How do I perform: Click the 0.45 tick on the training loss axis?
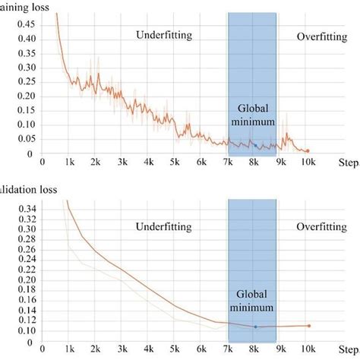click(x=27, y=23)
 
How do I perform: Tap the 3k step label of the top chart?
click(x=121, y=162)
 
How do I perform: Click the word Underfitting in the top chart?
click(x=164, y=34)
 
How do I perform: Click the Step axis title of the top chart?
click(x=349, y=162)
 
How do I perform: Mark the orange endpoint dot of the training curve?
click(x=308, y=151)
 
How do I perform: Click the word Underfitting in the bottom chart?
click(x=164, y=226)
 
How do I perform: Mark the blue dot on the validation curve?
click(x=255, y=327)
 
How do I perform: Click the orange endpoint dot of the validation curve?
click(x=309, y=326)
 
